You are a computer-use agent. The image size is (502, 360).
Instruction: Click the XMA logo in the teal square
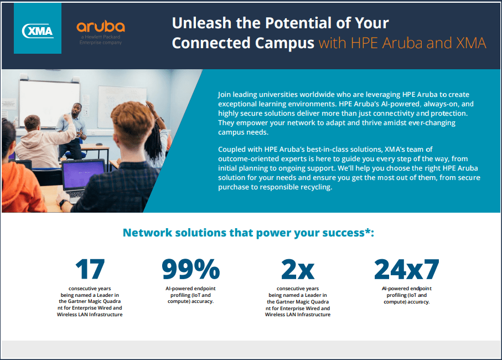pos(38,31)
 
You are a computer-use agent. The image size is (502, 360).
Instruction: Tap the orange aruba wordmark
pos(101,27)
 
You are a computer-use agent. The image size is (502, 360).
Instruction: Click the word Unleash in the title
pos(201,23)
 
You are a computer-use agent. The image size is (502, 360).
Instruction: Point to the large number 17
pos(90,269)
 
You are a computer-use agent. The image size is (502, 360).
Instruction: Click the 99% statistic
pos(191,269)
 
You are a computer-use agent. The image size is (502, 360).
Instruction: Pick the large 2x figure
pos(298,269)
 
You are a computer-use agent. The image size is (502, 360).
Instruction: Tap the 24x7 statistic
pos(407,269)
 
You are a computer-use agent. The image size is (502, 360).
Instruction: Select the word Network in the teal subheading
pos(148,233)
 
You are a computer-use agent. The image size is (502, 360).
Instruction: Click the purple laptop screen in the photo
pos(84,175)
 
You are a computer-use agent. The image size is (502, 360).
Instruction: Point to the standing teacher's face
pos(76,111)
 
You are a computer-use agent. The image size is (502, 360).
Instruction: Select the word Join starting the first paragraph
pos(224,95)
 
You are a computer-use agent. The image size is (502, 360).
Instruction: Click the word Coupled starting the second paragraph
pos(230,150)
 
